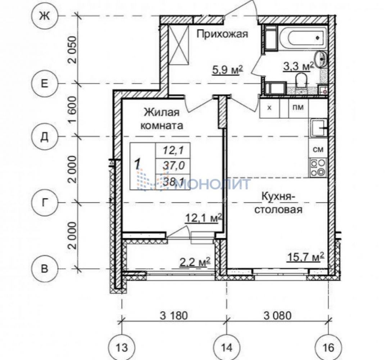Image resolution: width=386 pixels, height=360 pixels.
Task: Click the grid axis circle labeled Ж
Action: [x=44, y=16]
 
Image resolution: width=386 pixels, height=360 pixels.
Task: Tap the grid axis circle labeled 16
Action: [x=329, y=347]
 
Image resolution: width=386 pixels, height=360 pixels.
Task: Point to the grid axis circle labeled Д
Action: [x=44, y=137]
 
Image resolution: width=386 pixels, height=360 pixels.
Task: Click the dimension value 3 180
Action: [x=174, y=315]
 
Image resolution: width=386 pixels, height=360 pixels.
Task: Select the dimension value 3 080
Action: [x=277, y=315]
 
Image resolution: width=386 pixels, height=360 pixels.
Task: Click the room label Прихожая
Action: [x=222, y=34]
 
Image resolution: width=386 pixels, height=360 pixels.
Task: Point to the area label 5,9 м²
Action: [x=228, y=70]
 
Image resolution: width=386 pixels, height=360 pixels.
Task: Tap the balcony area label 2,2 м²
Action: [x=195, y=262]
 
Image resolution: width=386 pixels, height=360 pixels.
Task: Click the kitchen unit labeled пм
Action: [x=298, y=108]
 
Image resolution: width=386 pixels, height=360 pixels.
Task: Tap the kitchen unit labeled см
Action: [x=318, y=149]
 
